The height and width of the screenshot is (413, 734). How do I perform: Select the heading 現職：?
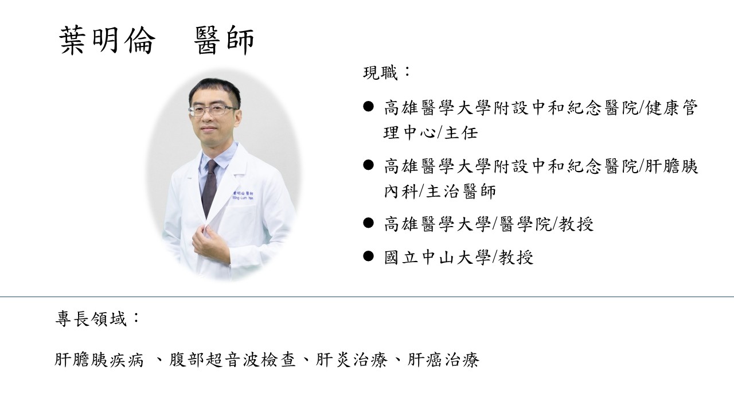387,73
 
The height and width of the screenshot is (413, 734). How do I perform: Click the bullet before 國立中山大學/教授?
369,256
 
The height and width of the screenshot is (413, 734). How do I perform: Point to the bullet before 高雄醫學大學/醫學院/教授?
369,223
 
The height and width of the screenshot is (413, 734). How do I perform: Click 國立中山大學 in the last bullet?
436,257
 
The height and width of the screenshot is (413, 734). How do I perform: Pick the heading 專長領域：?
97,319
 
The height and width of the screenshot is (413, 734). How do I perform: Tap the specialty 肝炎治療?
350,360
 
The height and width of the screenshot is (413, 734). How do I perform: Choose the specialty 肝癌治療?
443,360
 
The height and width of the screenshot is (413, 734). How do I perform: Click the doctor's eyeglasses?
212,110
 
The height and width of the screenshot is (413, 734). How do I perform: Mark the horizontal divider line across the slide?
367,297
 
